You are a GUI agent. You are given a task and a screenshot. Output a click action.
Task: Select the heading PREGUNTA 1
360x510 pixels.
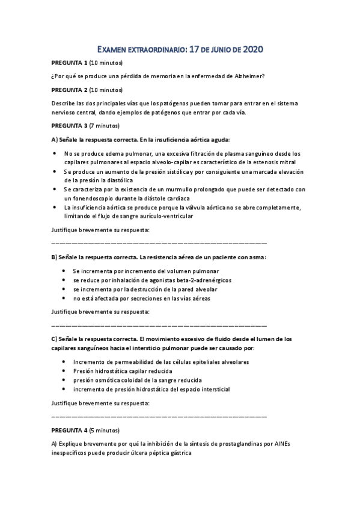[70, 63]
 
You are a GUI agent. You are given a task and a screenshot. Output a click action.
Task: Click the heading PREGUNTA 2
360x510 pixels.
[70, 90]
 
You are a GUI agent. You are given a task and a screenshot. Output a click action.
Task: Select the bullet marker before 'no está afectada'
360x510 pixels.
[64, 298]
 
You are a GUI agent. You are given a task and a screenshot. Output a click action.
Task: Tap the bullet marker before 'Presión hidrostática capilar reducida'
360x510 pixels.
[64, 371]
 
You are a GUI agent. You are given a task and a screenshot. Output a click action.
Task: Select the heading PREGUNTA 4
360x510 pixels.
[70, 431]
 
